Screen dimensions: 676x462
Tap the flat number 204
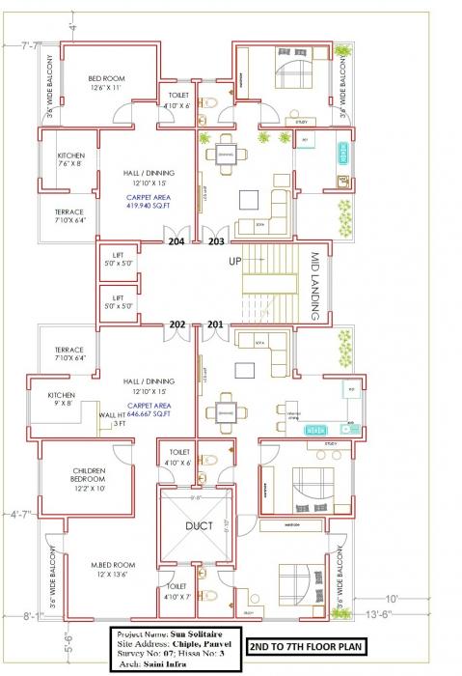(x=177, y=241)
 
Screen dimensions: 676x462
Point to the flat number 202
(x=177, y=324)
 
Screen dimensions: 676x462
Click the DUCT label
(x=201, y=527)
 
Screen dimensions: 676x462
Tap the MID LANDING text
(x=314, y=288)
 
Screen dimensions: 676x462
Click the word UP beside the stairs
(x=234, y=262)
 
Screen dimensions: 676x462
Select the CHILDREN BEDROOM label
(x=88, y=478)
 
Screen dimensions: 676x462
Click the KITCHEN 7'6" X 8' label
(x=72, y=159)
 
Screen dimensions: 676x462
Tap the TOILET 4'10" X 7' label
(x=177, y=591)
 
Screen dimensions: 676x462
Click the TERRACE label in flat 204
(x=68, y=216)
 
